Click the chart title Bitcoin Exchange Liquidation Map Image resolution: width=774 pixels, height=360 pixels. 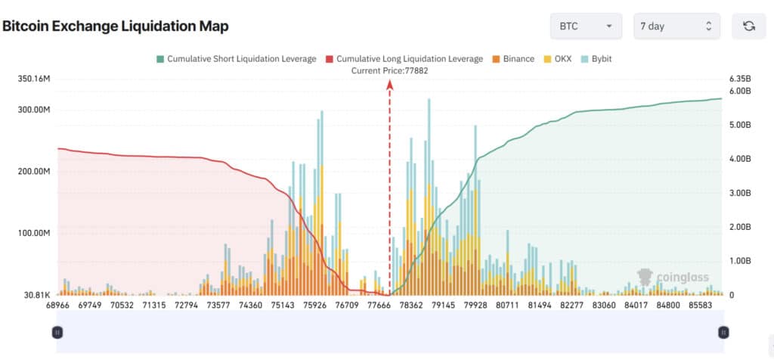point(116,26)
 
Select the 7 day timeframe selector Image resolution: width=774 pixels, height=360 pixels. point(676,26)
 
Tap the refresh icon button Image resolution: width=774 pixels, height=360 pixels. point(749,26)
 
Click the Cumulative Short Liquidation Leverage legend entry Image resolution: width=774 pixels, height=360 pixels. point(237,59)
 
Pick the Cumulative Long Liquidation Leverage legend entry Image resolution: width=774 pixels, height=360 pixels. point(404,59)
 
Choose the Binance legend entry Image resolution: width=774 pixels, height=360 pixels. point(513,59)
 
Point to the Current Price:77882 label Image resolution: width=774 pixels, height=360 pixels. point(389,70)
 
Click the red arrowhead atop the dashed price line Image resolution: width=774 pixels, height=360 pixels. point(389,85)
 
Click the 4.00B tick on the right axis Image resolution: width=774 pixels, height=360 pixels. point(739,159)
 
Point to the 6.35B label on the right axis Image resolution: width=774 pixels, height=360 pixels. point(739,79)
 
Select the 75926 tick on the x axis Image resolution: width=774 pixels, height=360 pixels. point(315,306)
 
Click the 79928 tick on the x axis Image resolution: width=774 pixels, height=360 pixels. point(475,306)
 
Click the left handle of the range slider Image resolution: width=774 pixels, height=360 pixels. point(57,333)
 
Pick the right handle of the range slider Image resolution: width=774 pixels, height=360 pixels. point(723,333)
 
